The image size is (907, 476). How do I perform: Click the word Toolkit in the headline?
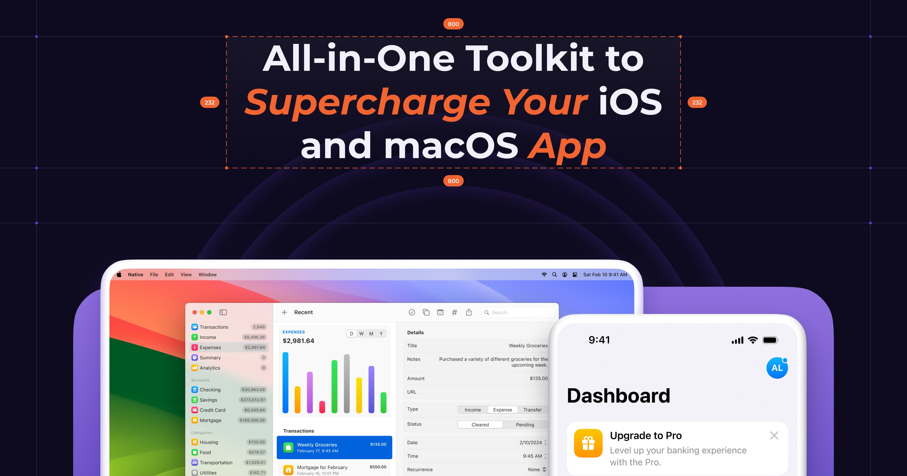tap(530, 58)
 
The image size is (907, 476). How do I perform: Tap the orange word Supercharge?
tap(367, 103)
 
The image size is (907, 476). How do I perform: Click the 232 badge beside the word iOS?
tap(697, 103)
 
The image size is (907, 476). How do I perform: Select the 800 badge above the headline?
tap(453, 24)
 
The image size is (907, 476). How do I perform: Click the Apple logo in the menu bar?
tap(119, 275)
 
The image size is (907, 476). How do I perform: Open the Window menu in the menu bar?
tap(207, 275)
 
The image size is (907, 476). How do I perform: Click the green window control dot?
tap(209, 312)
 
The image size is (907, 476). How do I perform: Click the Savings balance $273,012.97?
tap(253, 400)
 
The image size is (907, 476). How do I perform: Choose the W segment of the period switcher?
tap(361, 334)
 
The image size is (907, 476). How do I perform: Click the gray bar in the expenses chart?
tap(346, 384)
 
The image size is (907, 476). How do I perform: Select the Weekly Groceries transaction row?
tap(334, 447)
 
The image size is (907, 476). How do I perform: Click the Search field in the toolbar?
tap(518, 313)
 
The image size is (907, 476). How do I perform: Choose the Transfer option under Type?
tap(532, 410)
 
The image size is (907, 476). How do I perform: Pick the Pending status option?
tap(525, 425)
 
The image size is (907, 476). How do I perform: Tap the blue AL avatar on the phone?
tap(777, 368)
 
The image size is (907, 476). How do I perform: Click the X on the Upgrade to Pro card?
tap(774, 435)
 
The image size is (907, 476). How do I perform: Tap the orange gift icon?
tap(588, 443)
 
